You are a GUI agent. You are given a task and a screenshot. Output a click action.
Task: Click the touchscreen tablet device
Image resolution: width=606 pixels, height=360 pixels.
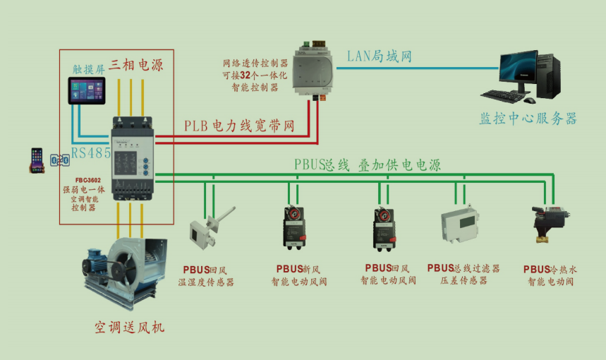point(86,91)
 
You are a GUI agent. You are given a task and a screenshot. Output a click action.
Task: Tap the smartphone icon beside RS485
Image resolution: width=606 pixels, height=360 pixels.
point(37,160)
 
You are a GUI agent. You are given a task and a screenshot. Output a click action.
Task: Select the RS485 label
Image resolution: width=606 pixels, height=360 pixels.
point(91,152)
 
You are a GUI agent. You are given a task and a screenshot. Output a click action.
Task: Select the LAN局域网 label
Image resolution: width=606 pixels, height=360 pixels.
point(379,56)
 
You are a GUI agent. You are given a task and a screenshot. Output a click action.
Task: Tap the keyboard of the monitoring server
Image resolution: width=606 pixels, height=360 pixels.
point(507,95)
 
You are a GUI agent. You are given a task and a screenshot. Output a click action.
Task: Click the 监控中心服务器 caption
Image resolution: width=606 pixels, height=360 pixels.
point(528,119)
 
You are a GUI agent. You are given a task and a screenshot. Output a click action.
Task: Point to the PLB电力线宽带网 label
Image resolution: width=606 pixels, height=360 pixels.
point(239,126)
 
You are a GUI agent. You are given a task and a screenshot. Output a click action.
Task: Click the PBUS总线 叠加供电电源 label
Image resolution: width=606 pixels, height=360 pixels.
point(367,165)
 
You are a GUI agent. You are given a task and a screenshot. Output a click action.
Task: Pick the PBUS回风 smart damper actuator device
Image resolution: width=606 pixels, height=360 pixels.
point(387,224)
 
